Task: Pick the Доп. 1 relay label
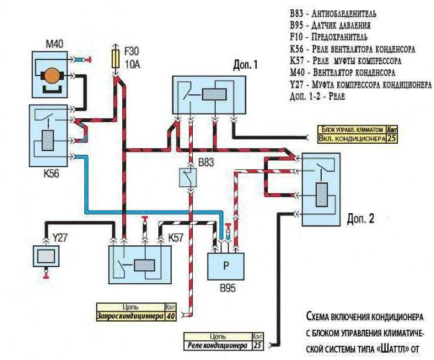pos(245,64)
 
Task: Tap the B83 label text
pos(208,163)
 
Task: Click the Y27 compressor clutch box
pos(46,255)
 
